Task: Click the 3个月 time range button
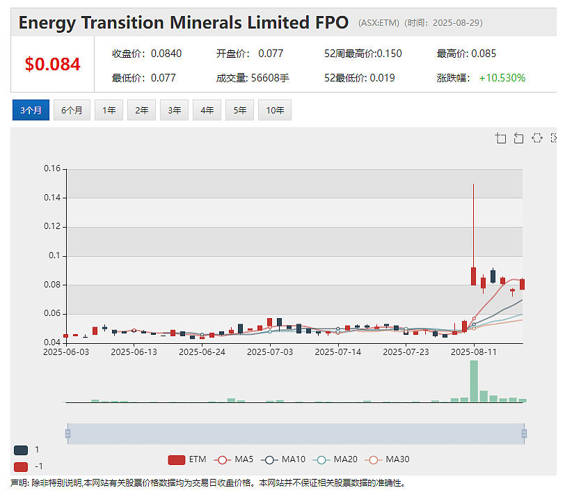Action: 31,110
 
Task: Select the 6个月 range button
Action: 72,110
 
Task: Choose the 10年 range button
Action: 275,110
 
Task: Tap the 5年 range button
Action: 239,110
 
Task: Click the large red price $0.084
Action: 53,65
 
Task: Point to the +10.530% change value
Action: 502,78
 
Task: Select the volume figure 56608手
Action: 270,78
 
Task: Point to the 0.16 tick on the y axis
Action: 52,168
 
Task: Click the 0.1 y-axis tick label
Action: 54,255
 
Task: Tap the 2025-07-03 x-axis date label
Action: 270,352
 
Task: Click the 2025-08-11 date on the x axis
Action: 474,352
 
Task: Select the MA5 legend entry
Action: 234,459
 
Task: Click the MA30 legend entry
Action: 387,459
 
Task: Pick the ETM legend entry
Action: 187,459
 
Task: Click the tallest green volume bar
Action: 474,381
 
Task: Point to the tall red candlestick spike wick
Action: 473,226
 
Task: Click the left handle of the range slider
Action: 67,434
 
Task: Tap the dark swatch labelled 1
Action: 21,450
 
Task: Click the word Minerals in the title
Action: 206,23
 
